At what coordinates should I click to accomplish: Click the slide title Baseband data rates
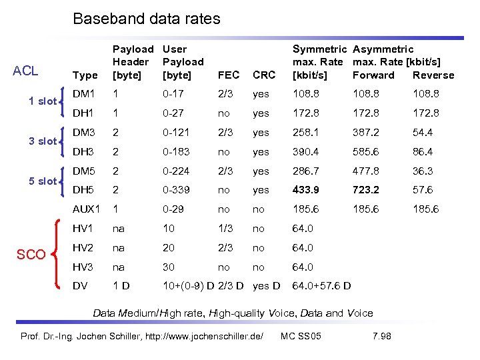146,19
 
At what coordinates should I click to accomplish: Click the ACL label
25,71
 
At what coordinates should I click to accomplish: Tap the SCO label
31,255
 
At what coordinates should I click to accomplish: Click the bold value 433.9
305,189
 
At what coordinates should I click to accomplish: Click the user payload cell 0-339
176,189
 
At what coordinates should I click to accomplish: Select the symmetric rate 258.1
305,132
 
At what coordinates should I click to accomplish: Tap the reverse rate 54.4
423,132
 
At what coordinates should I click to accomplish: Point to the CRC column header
263,75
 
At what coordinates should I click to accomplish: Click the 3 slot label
42,141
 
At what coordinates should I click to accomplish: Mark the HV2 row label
83,247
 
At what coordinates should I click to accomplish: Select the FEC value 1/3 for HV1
225,229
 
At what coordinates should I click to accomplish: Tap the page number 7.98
381,335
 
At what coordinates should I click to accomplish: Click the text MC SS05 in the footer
301,335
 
